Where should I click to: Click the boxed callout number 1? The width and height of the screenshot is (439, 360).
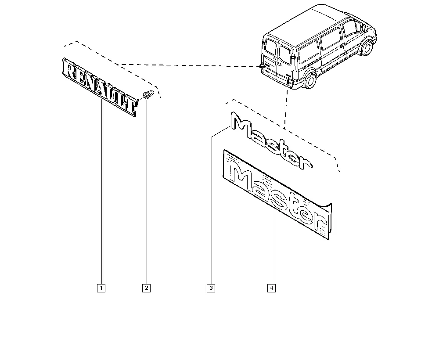(101, 288)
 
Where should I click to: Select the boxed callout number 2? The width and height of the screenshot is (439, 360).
(147, 288)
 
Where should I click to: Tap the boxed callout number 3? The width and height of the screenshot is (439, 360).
(211, 288)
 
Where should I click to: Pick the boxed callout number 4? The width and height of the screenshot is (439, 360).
(272, 288)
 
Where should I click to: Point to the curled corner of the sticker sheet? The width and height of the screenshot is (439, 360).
(327, 206)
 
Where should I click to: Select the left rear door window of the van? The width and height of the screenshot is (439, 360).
(271, 47)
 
